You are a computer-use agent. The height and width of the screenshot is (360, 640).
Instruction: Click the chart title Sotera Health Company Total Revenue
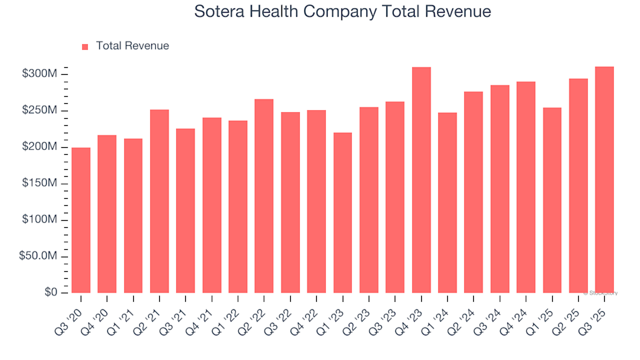[343, 12]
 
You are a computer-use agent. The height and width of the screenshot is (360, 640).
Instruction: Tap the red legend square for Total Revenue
[85, 47]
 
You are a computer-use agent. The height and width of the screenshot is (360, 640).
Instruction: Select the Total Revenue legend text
[132, 46]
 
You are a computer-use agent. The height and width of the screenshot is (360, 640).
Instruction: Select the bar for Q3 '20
[81, 220]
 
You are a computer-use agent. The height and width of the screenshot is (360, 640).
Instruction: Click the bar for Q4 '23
[421, 180]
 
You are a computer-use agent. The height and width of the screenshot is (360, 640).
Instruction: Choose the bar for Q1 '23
[343, 213]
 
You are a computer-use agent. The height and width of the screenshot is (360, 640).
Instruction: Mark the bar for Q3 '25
[605, 180]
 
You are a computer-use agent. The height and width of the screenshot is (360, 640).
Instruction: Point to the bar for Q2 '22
[264, 196]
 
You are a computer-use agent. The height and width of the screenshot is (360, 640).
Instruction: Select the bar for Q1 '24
[447, 203]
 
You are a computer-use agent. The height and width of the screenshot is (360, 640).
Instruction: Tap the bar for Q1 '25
[552, 200]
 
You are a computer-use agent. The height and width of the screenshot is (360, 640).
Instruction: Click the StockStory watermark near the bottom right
[601, 293]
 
